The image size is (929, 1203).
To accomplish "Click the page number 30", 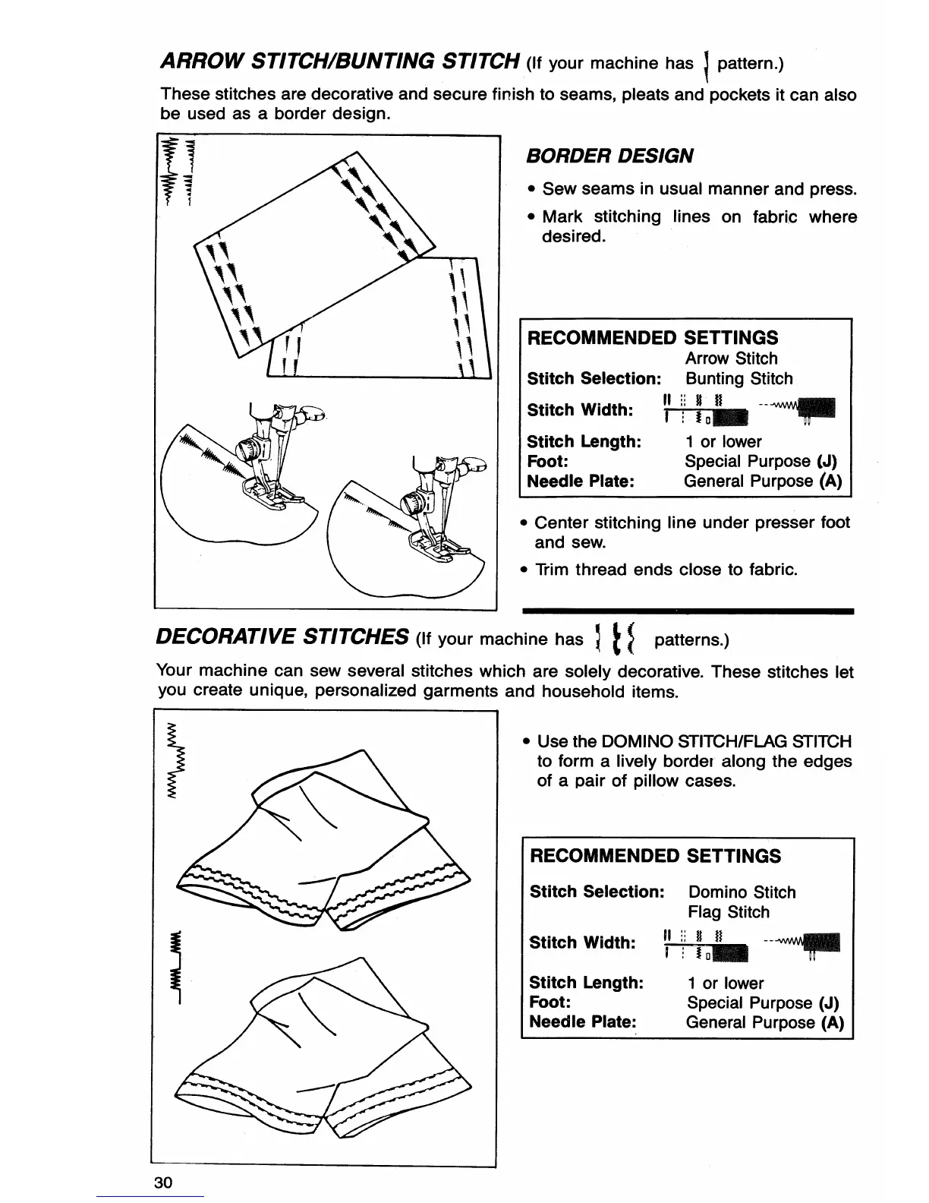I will tap(163, 1182).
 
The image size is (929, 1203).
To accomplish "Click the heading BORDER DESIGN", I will tap(609, 156).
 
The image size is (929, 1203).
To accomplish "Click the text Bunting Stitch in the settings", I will tap(738, 378).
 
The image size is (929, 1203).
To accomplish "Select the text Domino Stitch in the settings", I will tap(742, 892).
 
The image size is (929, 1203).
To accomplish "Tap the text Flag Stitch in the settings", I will tap(728, 912).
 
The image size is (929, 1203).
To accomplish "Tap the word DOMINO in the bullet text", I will tap(636, 741).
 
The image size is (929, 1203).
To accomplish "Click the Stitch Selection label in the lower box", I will tap(597, 892).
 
